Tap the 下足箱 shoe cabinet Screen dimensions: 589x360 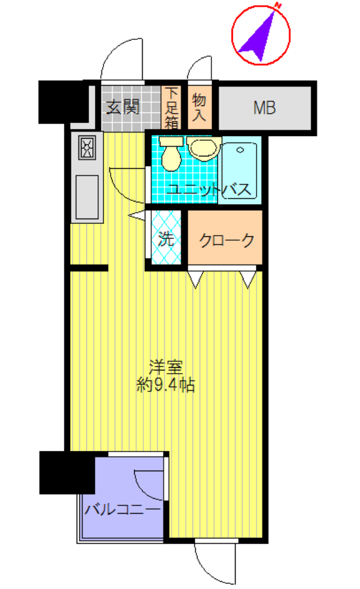(171, 107)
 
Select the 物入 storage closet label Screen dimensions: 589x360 (200, 107)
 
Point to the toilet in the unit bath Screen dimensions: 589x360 (171, 154)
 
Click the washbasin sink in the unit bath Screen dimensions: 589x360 (202, 148)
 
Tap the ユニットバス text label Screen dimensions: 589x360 (209, 190)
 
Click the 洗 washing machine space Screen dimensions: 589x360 (166, 239)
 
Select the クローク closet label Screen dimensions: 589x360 (226, 240)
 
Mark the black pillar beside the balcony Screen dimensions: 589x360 (65, 471)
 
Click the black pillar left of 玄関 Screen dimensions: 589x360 (62, 101)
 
